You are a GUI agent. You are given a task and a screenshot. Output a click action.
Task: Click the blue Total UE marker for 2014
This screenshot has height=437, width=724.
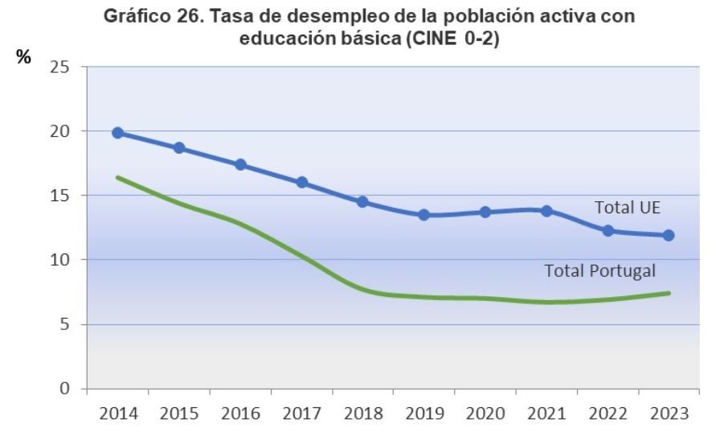[x=118, y=133]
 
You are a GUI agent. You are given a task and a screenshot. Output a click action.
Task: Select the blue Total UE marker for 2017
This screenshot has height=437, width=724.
[x=302, y=183]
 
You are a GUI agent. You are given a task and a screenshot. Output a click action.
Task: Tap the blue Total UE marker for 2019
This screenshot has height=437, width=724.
[x=424, y=215]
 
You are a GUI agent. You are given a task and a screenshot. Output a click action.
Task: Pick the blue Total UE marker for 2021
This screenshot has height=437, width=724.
[x=547, y=211]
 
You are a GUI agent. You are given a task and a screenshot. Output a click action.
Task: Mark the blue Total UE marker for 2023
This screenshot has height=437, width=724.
[x=669, y=236]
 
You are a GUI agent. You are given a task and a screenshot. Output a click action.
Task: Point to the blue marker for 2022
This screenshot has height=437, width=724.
[x=608, y=231]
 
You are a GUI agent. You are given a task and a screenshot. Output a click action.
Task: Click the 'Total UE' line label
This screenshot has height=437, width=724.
[x=627, y=208]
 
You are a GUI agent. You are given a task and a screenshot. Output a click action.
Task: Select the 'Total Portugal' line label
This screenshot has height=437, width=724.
[x=600, y=271]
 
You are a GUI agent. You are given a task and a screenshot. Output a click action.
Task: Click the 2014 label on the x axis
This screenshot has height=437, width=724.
[x=118, y=414]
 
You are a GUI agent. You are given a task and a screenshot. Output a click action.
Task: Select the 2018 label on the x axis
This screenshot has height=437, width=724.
[x=363, y=414]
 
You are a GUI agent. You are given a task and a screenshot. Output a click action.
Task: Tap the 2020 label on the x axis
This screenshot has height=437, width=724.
[x=485, y=414]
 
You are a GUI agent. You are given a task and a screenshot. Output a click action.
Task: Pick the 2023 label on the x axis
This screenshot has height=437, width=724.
[x=669, y=414]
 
